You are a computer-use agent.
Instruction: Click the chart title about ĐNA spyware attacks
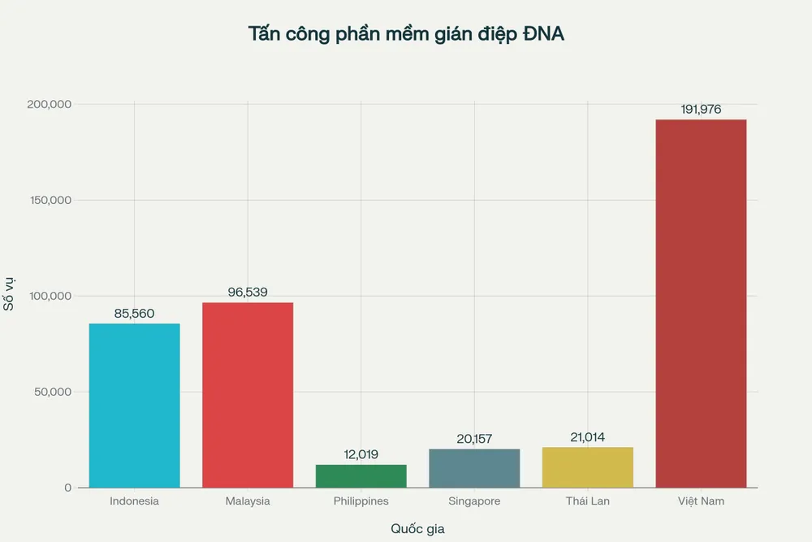pyautogui.click(x=406, y=34)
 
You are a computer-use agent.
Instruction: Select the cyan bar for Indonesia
pyautogui.click(x=134, y=405)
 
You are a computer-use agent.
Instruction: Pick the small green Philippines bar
pyautogui.click(x=361, y=476)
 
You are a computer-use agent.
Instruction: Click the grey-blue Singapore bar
pyautogui.click(x=474, y=468)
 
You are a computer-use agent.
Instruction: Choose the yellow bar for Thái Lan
pyautogui.click(x=588, y=467)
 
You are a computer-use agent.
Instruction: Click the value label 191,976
pyautogui.click(x=701, y=110)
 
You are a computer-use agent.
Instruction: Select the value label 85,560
pyautogui.click(x=134, y=314)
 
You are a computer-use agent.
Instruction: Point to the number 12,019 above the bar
pyautogui.click(x=361, y=454)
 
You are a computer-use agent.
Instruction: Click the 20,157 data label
pyautogui.click(x=474, y=439)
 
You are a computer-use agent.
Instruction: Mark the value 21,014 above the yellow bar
pyautogui.click(x=588, y=437)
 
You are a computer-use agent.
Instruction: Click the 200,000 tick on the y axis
pyautogui.click(x=50, y=105)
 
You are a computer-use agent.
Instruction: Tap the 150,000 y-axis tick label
pyautogui.click(x=50, y=201)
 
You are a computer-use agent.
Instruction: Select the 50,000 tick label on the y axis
pyautogui.click(x=54, y=392)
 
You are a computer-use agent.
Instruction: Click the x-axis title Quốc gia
pyautogui.click(x=417, y=529)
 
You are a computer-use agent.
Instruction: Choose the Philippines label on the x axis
pyautogui.click(x=361, y=501)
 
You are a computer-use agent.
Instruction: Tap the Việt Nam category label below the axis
pyautogui.click(x=701, y=501)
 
